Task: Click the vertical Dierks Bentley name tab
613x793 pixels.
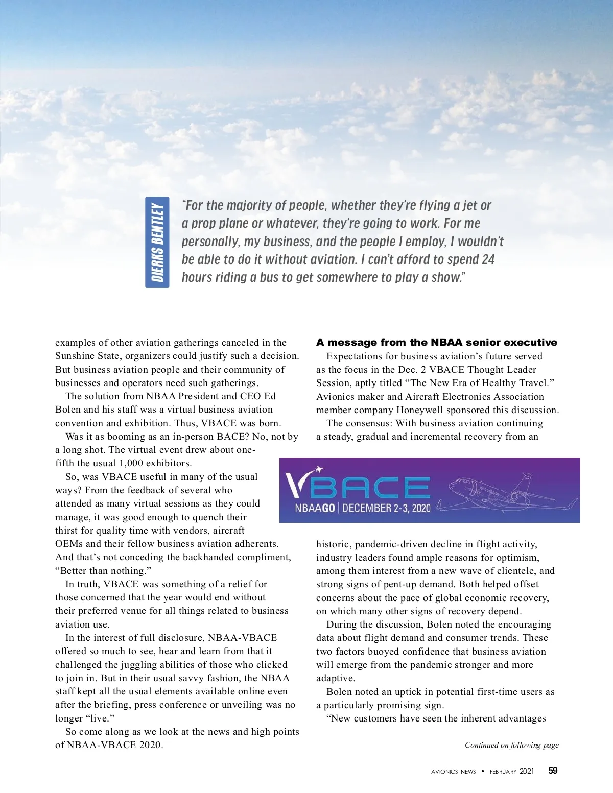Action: coord(157,242)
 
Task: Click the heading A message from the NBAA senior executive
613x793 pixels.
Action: coord(436,342)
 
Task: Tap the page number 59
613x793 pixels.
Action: coord(553,771)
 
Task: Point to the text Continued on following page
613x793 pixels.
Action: coord(511,745)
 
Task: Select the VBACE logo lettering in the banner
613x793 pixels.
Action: coord(358,488)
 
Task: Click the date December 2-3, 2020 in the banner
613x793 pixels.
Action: coord(387,508)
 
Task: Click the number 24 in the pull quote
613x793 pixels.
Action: coord(488,259)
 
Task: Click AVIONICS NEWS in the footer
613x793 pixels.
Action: coord(453,772)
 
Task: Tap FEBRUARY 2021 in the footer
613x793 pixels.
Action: coord(511,772)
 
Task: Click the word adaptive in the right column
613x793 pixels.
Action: coord(335,678)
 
